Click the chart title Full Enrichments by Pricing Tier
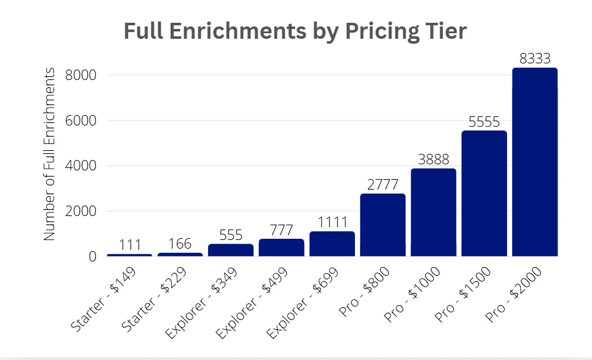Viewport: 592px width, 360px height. click(x=295, y=31)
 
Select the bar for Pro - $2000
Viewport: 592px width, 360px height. click(x=535, y=162)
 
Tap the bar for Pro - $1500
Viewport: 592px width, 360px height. click(x=484, y=193)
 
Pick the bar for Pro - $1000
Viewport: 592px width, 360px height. click(x=433, y=212)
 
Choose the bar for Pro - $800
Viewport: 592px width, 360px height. click(x=383, y=225)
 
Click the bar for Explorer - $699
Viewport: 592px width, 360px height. click(x=332, y=244)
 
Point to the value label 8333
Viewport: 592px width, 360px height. click(x=535, y=59)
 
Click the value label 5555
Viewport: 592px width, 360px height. click(x=484, y=122)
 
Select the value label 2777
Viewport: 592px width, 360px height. click(x=383, y=185)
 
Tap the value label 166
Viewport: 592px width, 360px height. click(x=180, y=244)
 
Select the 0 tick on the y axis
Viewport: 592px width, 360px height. click(x=93, y=257)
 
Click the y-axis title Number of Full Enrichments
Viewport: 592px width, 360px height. click(x=50, y=154)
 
